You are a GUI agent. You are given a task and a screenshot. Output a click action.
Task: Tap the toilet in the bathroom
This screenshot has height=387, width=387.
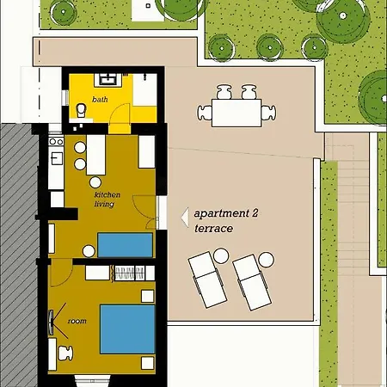pyautogui.click(x=82, y=111)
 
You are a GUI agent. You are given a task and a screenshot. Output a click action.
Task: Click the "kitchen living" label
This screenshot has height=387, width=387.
pyautogui.click(x=107, y=200)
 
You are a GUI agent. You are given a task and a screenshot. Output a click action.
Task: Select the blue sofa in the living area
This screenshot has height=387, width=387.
pyautogui.click(x=124, y=244)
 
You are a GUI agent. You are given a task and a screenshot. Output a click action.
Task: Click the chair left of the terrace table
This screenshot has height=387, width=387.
pyautogui.click(x=205, y=111)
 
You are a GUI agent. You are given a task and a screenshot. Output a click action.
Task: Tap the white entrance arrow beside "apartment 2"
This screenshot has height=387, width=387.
pyautogui.click(x=183, y=219)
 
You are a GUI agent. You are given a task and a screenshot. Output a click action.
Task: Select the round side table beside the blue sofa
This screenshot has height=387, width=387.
pyautogui.click(x=88, y=250)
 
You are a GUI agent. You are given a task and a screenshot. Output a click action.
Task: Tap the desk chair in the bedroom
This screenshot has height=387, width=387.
pyautogui.click(x=64, y=351)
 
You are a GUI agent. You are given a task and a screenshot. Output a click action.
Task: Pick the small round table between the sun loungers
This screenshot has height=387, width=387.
pyautogui.click(x=221, y=255)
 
